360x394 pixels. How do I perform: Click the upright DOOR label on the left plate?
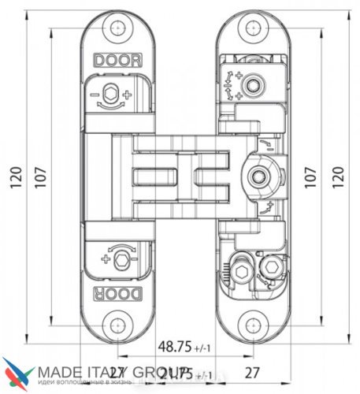pyautogui.click(x=115, y=58)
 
